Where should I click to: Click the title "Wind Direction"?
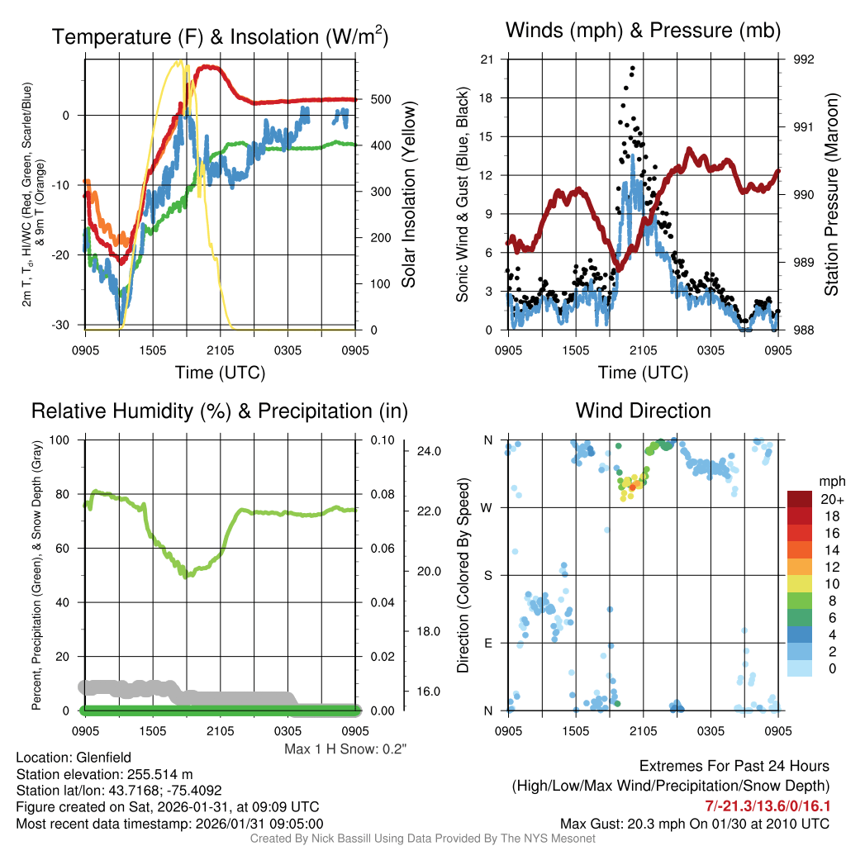tap(643, 411)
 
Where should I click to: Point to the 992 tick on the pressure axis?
tap(794, 59)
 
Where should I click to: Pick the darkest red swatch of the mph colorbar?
tap(801, 499)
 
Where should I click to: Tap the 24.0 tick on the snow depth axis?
tap(427, 451)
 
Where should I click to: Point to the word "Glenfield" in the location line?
tap(103, 757)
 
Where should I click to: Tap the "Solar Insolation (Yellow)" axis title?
tap(408, 195)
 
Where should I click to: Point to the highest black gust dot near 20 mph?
tap(632, 69)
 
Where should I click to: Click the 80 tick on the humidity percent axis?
tap(70, 494)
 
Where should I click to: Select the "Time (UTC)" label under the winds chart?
tap(643, 373)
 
